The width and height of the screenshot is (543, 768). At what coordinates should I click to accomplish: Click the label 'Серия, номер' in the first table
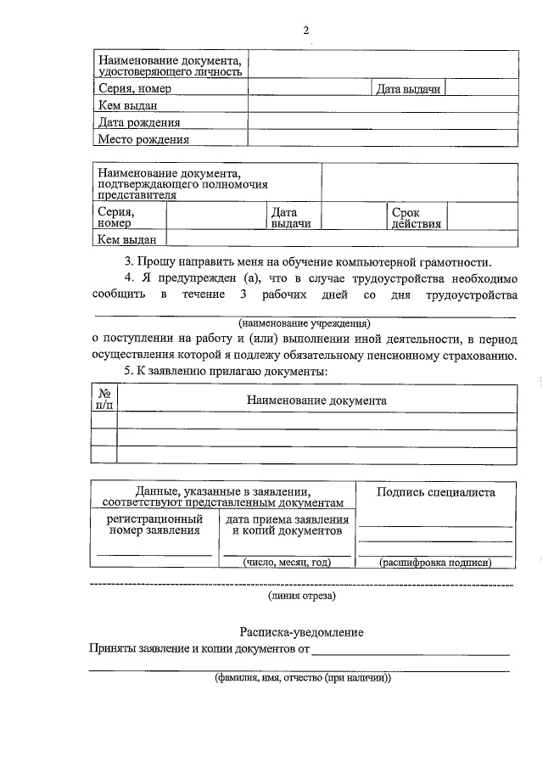pyautogui.click(x=134, y=89)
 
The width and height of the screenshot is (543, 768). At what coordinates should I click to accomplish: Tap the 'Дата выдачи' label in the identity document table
pyautogui.click(x=408, y=89)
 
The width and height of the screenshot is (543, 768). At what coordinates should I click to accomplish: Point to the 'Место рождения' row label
pyautogui.click(x=143, y=139)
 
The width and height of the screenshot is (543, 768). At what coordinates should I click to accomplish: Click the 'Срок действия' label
pyautogui.click(x=416, y=218)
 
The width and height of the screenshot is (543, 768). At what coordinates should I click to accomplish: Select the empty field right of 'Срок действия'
pyautogui.click(x=481, y=217)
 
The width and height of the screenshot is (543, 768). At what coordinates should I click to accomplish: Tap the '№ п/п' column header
pyautogui.click(x=104, y=399)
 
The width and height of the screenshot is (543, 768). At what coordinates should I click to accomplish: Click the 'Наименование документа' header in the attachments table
pyautogui.click(x=316, y=400)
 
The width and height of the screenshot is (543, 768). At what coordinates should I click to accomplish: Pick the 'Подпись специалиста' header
pyautogui.click(x=435, y=492)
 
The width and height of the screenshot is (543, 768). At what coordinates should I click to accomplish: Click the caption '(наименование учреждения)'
pyautogui.click(x=305, y=323)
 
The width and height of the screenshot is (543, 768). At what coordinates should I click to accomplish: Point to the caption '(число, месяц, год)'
pyautogui.click(x=286, y=562)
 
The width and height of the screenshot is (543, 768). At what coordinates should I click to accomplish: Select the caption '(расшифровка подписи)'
pyautogui.click(x=435, y=562)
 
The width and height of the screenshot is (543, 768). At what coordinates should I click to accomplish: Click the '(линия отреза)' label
pyautogui.click(x=301, y=596)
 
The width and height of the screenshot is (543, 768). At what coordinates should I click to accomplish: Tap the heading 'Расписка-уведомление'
pyautogui.click(x=301, y=633)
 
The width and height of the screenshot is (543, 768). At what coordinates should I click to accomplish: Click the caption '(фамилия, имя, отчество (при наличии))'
pyautogui.click(x=301, y=679)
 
